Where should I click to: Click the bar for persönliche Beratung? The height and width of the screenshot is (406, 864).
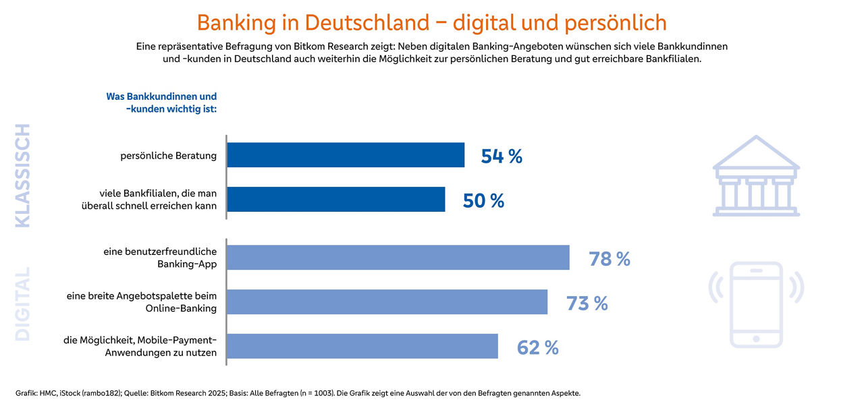[346, 155]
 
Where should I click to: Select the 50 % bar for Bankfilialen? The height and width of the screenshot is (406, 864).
[336, 200]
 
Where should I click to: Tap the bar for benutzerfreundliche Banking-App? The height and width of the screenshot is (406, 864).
[398, 258]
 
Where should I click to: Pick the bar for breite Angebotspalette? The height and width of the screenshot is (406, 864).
[387, 302]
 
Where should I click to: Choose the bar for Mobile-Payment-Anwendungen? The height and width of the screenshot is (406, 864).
[362, 347]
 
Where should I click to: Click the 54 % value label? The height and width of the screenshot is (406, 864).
[502, 156]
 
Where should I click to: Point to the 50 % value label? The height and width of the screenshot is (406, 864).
[483, 201]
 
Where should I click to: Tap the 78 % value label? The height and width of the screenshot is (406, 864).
[609, 259]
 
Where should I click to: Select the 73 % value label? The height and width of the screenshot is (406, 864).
[587, 303]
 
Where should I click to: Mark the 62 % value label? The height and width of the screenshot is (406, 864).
[537, 348]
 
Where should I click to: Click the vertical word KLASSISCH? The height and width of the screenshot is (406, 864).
[23, 175]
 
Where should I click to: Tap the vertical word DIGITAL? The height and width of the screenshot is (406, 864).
[23, 304]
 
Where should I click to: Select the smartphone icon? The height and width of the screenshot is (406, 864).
[756, 304]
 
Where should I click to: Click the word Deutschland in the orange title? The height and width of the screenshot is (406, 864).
[367, 22]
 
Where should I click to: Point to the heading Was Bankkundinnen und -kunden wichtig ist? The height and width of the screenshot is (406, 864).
[161, 103]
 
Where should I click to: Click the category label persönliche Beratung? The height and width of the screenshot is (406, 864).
[168, 156]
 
